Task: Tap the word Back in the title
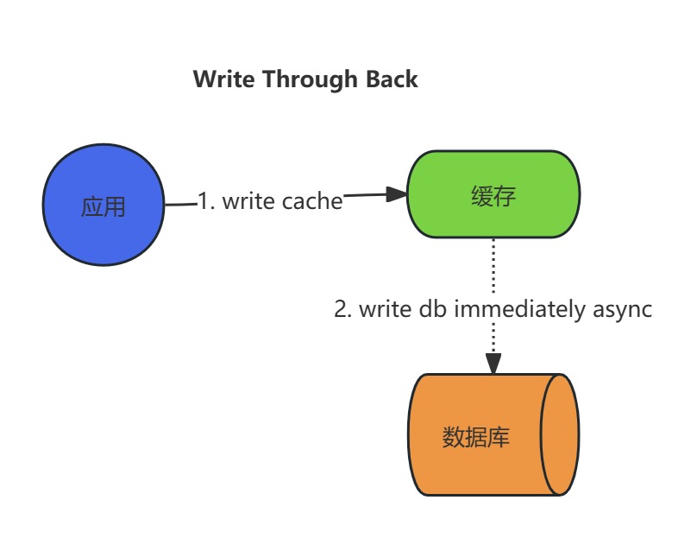pos(391,79)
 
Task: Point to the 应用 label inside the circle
pos(104,207)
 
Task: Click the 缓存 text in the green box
pos(493,196)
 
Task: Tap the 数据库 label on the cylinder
pos(476,437)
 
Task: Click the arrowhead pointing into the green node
pos(397,194)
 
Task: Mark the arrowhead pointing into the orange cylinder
pos(493,364)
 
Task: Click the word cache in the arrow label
pos(312,201)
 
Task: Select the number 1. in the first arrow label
pos(207,201)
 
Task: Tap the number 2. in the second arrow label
pos(342,308)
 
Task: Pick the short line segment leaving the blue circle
pos(180,205)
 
